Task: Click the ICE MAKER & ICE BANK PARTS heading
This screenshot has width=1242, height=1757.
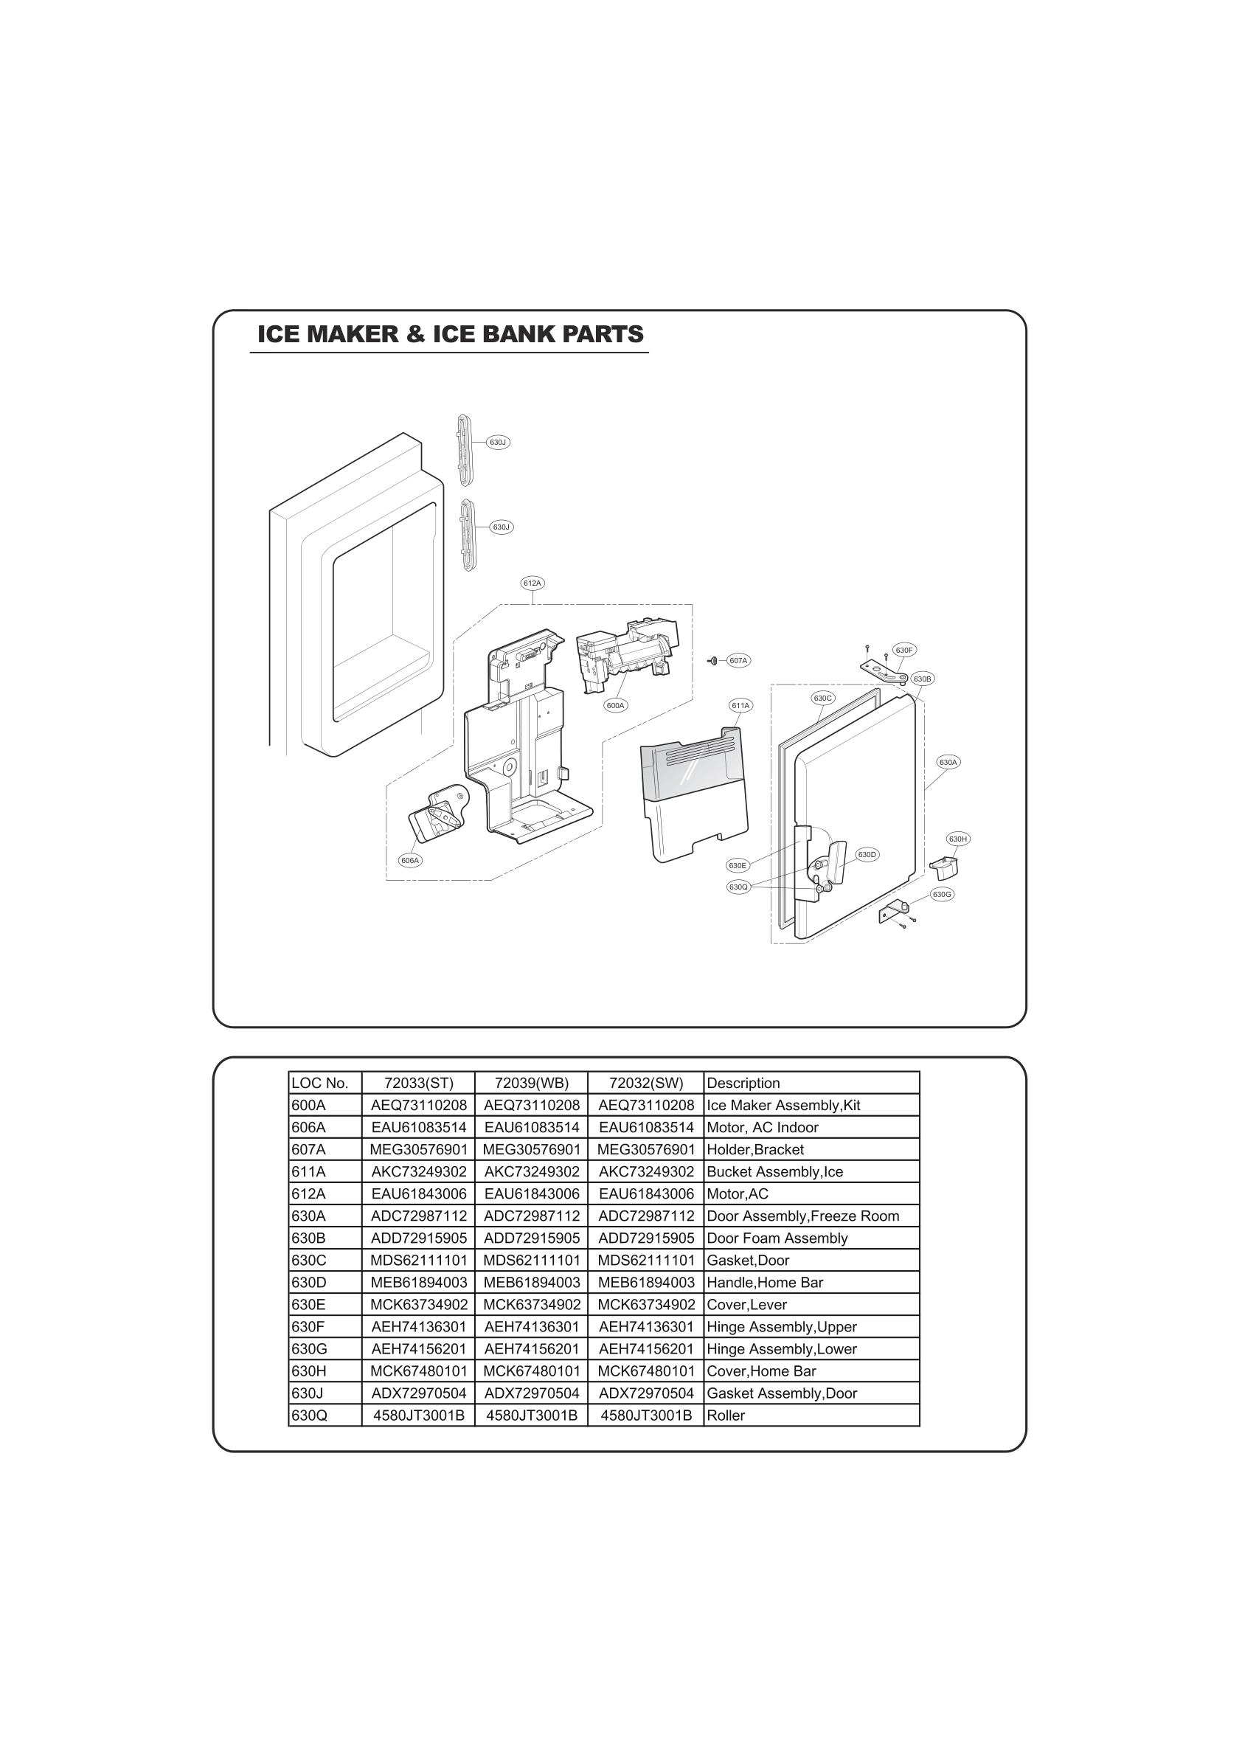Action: click(x=450, y=334)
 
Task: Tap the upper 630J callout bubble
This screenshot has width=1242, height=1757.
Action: click(x=497, y=443)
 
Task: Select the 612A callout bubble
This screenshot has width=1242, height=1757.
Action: click(x=532, y=583)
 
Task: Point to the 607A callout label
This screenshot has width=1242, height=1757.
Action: click(x=738, y=660)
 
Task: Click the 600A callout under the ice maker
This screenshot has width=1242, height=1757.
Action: click(x=615, y=706)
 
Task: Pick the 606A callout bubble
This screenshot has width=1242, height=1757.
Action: click(x=410, y=860)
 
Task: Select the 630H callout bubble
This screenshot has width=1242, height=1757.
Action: click(x=958, y=839)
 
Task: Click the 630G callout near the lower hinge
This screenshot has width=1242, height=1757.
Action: click(x=941, y=894)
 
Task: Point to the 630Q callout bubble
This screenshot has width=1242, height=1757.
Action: click(x=738, y=887)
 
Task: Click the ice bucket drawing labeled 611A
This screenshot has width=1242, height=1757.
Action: click(x=693, y=796)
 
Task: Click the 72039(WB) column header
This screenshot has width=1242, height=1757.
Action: click(x=531, y=1083)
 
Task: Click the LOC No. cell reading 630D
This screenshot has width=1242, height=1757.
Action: click(x=308, y=1283)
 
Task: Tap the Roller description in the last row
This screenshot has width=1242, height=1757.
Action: click(x=726, y=1415)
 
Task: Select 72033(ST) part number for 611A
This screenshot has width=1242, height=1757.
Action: click(x=419, y=1171)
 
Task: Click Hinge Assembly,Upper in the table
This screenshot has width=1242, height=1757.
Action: click(x=781, y=1327)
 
